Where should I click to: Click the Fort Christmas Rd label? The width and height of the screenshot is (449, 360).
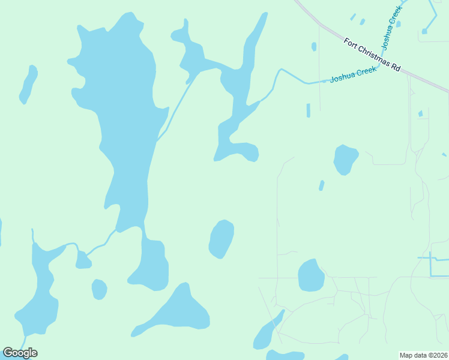(x=372, y=55)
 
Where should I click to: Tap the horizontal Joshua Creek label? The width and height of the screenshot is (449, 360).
(x=353, y=74)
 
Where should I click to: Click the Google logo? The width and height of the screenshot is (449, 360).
(x=20, y=353)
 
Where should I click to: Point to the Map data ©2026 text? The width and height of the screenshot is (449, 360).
(x=424, y=355)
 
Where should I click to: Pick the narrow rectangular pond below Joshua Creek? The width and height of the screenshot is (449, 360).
(x=309, y=110)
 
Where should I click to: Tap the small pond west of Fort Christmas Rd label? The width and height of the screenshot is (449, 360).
(x=314, y=46)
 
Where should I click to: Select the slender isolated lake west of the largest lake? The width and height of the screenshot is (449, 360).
(x=28, y=84)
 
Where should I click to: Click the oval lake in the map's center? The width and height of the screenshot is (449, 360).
(x=221, y=239)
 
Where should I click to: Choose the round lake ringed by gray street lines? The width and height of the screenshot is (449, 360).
(x=311, y=275)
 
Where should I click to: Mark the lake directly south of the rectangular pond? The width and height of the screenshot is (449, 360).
(x=345, y=160)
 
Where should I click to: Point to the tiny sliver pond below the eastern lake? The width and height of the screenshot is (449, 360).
(x=322, y=185)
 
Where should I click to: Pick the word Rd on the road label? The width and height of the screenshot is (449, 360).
(x=396, y=68)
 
